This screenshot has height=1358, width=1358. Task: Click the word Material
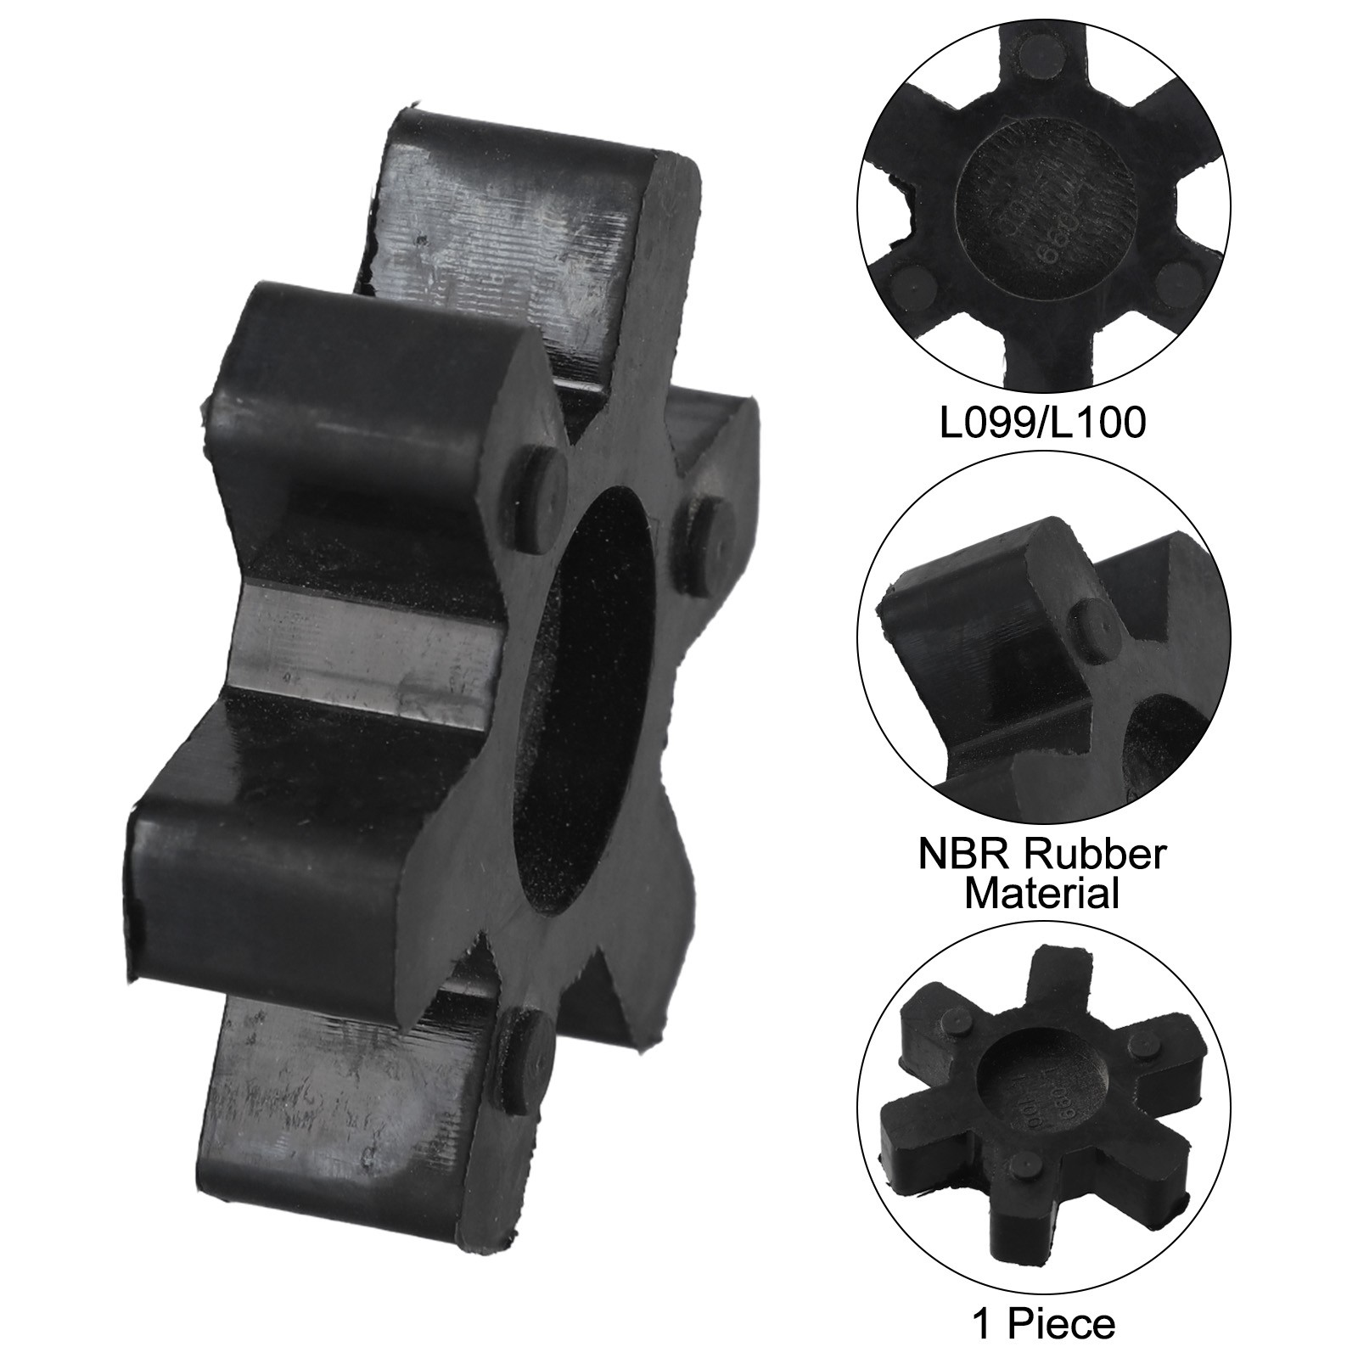[1042, 894]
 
